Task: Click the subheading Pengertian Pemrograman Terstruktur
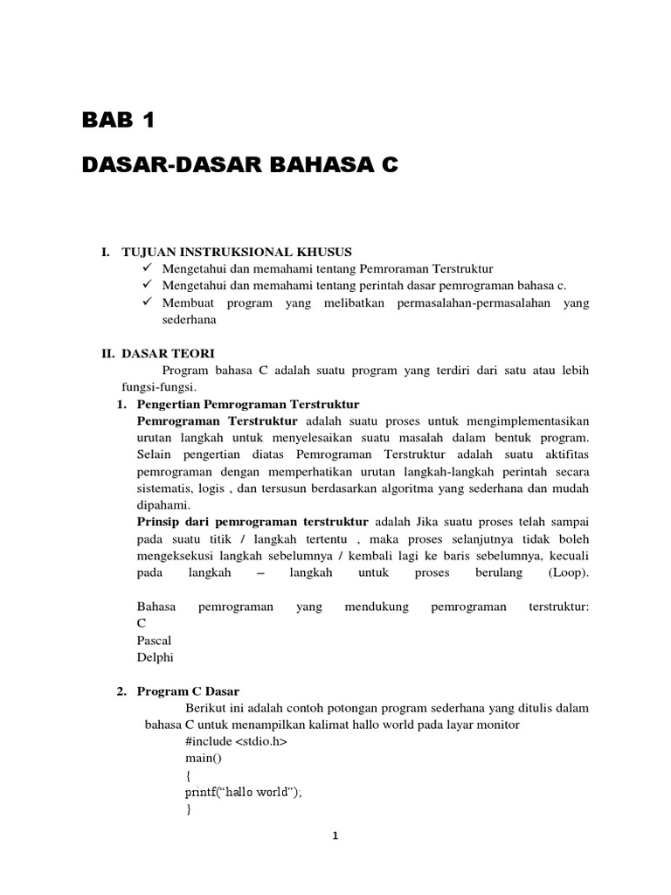pos(248,404)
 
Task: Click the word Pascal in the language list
pos(154,641)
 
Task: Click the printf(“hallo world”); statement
pos(243,793)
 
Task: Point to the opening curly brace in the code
pos(188,775)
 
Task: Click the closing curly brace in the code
pos(188,809)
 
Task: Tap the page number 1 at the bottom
pos(335,836)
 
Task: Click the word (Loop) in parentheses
pos(569,573)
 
